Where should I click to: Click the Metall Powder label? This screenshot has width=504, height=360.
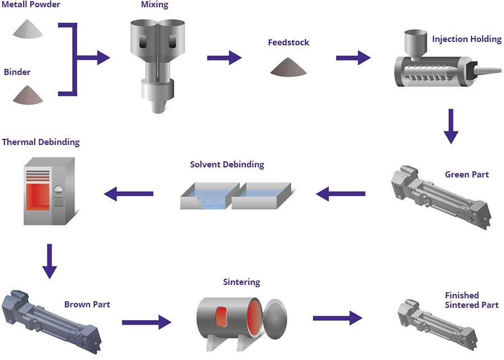click(x=31, y=5)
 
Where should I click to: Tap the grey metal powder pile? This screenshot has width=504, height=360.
click(x=28, y=29)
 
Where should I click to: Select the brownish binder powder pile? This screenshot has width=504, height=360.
click(x=28, y=95)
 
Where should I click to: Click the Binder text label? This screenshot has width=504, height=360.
click(x=17, y=72)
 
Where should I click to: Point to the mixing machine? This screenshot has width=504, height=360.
click(x=157, y=62)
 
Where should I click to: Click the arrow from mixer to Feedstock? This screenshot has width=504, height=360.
click(x=224, y=58)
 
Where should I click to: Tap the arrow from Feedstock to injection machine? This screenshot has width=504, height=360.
click(x=353, y=58)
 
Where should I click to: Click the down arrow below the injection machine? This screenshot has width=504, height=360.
click(x=451, y=127)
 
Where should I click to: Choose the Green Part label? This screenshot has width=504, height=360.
click(x=466, y=175)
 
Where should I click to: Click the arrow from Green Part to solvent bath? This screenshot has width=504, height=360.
click(x=340, y=194)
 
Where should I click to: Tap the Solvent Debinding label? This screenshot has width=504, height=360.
click(x=227, y=165)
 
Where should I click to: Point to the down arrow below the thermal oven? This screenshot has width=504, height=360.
click(x=50, y=260)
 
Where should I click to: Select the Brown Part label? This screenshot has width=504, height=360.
click(x=87, y=305)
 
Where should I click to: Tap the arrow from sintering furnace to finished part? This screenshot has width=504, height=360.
click(x=337, y=318)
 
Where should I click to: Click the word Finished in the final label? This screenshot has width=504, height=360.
click(x=462, y=295)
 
